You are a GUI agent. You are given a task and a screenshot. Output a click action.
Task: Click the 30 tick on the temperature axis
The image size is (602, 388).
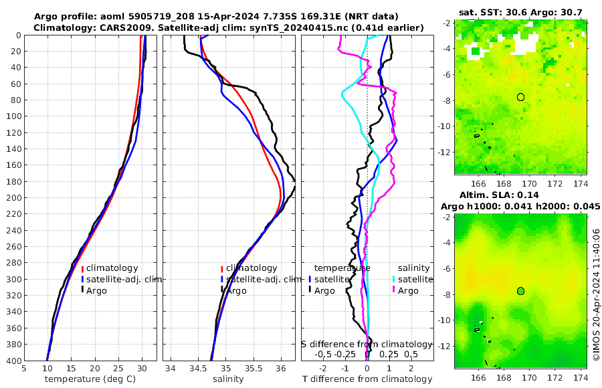coord(142,368)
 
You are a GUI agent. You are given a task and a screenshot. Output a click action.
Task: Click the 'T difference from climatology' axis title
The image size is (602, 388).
coord(367,379)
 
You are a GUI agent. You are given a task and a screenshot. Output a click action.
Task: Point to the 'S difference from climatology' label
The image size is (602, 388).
coord(367,344)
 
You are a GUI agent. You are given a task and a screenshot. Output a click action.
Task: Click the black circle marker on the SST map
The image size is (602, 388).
coord(520,97)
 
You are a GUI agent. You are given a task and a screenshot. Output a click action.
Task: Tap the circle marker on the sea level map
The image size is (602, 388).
coord(520,291)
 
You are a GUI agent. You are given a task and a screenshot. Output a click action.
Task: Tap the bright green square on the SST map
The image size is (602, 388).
coord(475,51)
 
